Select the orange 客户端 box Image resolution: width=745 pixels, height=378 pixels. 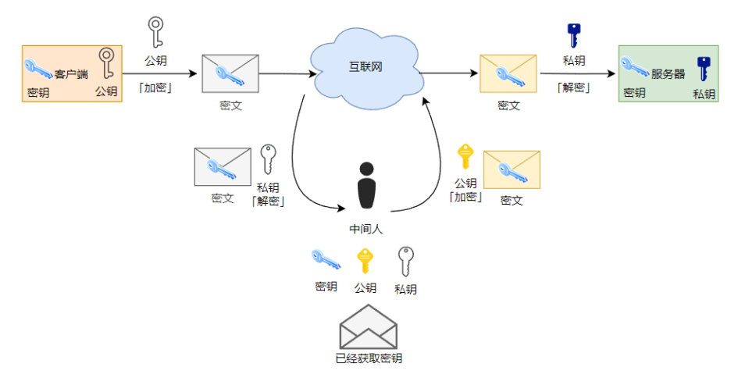72,73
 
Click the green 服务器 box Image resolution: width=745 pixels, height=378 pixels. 668,73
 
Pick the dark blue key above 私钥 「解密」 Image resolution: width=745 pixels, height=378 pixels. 574,36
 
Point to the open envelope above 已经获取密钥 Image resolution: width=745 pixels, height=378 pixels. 369,327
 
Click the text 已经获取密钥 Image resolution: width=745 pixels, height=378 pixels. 369,358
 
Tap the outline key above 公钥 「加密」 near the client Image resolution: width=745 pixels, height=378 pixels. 155,33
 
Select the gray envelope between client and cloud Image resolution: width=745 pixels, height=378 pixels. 230,73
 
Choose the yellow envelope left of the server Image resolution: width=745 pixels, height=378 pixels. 508,73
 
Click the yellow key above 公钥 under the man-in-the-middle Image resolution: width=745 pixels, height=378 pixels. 365,262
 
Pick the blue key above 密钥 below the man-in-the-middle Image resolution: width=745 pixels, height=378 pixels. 326,260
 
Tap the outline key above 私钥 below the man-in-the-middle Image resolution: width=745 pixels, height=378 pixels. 405,262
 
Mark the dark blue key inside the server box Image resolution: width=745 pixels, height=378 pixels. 704,69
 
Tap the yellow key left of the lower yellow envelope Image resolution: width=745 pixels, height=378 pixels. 465,156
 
